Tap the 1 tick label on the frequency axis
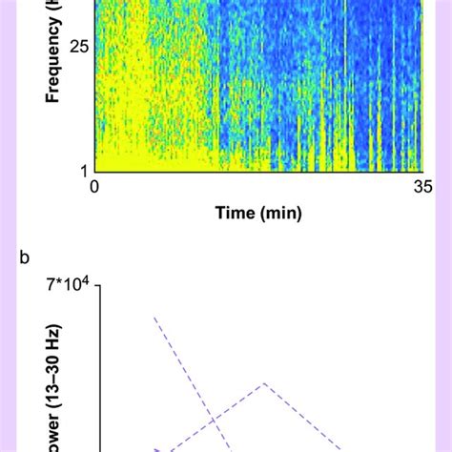tap(84, 170)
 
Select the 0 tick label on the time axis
tap(94, 188)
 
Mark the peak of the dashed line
tap(264, 383)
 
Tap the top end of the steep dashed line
tap(154, 318)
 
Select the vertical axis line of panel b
tap(96, 372)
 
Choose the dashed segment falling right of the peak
tap(305, 420)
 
